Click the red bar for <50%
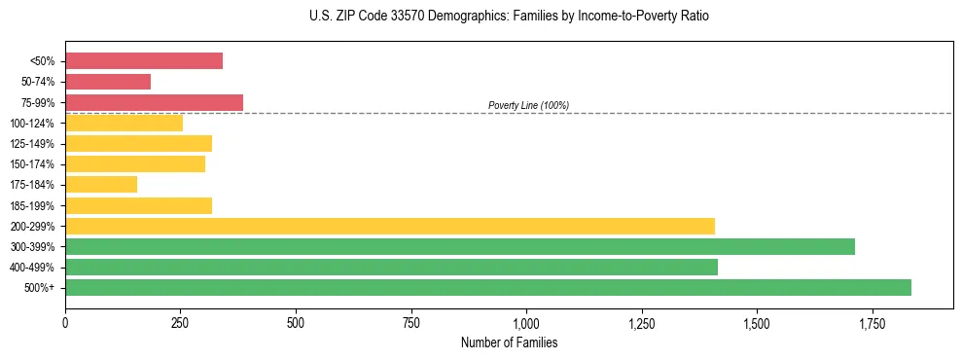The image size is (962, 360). [144, 61]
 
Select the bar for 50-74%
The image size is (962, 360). [108, 82]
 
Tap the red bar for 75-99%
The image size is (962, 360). [154, 102]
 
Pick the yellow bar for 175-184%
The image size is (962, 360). [101, 185]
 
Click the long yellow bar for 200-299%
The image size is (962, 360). [390, 226]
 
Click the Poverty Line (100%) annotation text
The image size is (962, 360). [528, 105]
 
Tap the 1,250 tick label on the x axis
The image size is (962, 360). [641, 322]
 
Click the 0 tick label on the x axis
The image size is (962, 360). [65, 322]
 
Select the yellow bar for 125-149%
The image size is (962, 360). [138, 144]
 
